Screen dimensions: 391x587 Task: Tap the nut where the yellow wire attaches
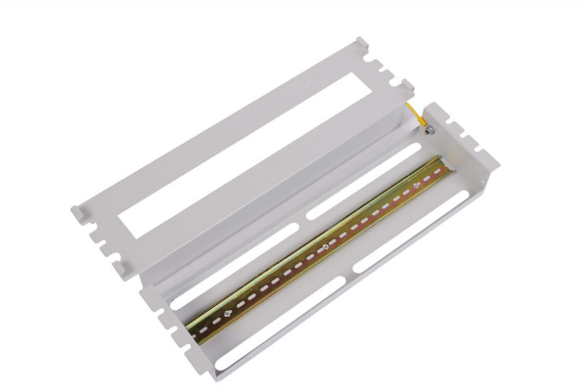point(427,124)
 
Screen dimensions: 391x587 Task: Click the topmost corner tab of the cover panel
point(362,43)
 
